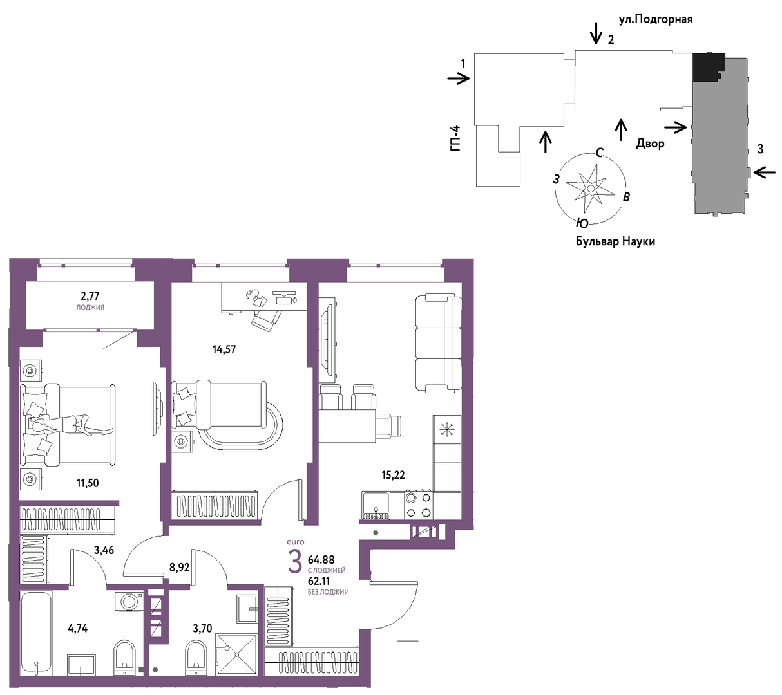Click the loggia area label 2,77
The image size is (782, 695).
[90, 296]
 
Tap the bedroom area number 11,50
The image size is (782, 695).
[87, 483]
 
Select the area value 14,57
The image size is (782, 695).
[224, 349]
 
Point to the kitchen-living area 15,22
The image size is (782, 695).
[393, 475]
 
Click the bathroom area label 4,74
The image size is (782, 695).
[77, 629]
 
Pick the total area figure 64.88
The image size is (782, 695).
[321, 559]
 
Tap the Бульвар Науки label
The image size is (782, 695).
[615, 242]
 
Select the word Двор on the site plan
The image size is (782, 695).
[650, 144]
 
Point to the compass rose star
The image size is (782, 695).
[590, 188]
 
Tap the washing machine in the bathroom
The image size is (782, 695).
[129, 601]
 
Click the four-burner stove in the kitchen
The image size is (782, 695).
[418, 505]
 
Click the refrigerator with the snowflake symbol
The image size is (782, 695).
[447, 429]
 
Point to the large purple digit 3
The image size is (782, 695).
[295, 562]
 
